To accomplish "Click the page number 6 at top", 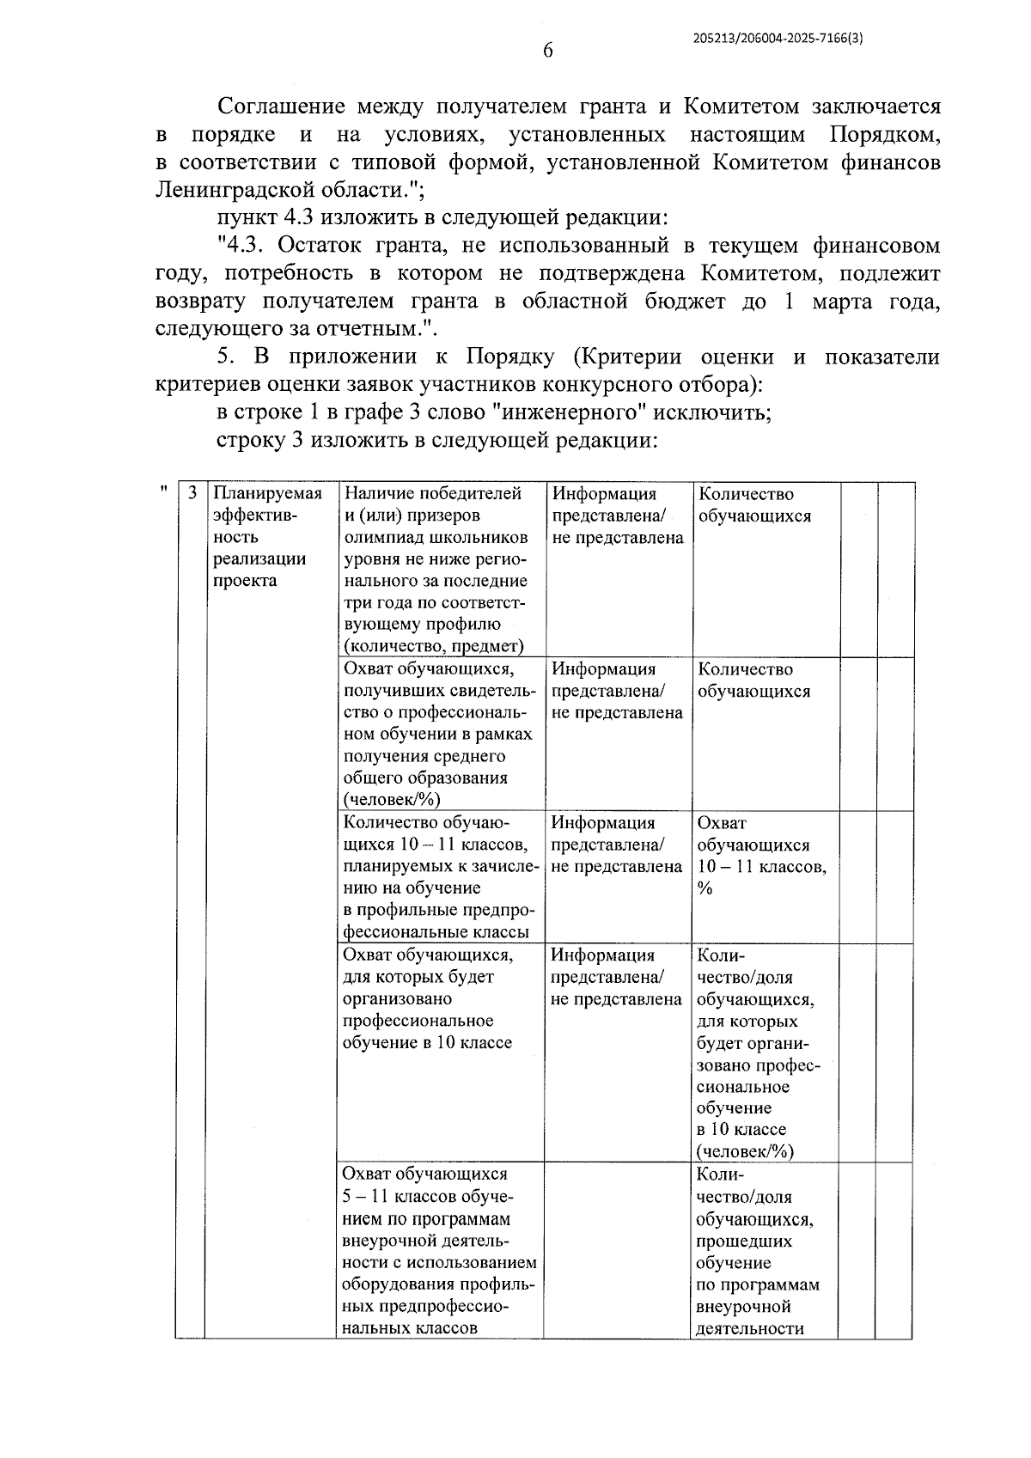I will point(548,50).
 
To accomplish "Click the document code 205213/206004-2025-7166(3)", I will point(777,39).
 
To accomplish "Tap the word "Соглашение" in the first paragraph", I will point(281,107).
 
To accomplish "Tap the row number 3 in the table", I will point(192,494).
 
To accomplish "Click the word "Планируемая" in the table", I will point(267,494).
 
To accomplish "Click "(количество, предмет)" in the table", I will point(433,646).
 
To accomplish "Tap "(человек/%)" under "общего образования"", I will point(392,800).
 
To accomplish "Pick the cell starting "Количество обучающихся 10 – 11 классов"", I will point(438,877).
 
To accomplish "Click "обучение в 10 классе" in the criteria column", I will point(427,1043).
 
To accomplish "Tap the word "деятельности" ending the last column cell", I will point(749,1328).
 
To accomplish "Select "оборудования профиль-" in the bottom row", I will point(438,1285).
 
